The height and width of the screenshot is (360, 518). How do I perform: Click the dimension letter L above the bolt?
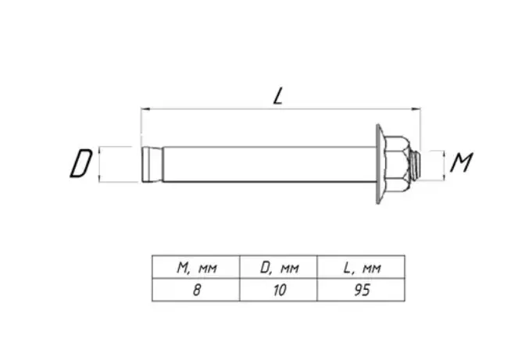pos(278,96)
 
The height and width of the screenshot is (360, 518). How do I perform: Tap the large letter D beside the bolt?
pos(81,163)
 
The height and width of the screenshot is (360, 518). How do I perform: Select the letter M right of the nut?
pos(462,162)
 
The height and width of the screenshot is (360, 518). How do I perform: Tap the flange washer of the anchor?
pos(380,164)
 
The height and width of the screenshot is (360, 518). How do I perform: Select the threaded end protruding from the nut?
pos(415,165)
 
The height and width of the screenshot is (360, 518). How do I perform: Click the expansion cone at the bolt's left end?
pos(152,164)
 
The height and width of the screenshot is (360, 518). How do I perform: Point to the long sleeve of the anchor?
pos(270,164)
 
